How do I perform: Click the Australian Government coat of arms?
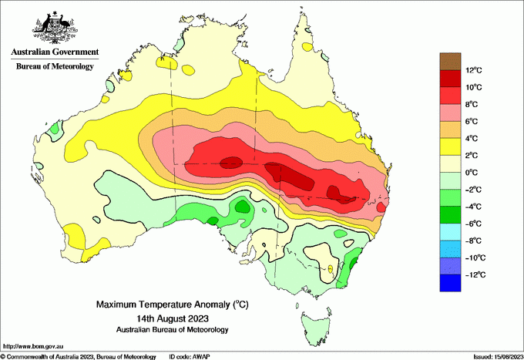pyautogui.click(x=53, y=27)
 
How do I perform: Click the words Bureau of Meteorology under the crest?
pyautogui.click(x=55, y=67)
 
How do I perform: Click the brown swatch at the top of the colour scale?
pyautogui.click(x=450, y=61)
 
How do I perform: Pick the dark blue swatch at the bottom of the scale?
pyautogui.click(x=450, y=283)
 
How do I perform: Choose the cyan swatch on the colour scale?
pyautogui.click(x=450, y=232)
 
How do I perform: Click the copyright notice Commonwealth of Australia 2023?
pyautogui.click(x=77, y=356)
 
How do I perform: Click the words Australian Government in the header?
pyautogui.click(x=55, y=53)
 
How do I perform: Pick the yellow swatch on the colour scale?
pyautogui.click(x=450, y=146)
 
